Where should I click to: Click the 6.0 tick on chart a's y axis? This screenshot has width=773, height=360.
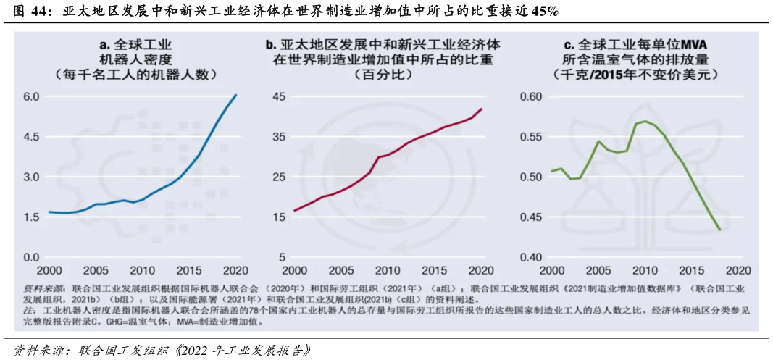(31, 96)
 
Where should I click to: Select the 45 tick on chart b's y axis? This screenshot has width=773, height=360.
(279, 96)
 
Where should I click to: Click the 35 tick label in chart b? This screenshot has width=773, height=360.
(279, 136)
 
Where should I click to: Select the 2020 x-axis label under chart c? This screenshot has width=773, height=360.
(737, 270)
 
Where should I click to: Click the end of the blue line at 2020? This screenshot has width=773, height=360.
(236, 95)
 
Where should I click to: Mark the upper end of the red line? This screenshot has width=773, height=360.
(482, 109)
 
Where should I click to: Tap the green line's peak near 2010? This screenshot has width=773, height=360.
(645, 121)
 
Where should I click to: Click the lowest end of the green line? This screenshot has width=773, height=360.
(719, 230)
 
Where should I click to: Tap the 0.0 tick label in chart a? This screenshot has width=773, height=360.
(31, 257)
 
